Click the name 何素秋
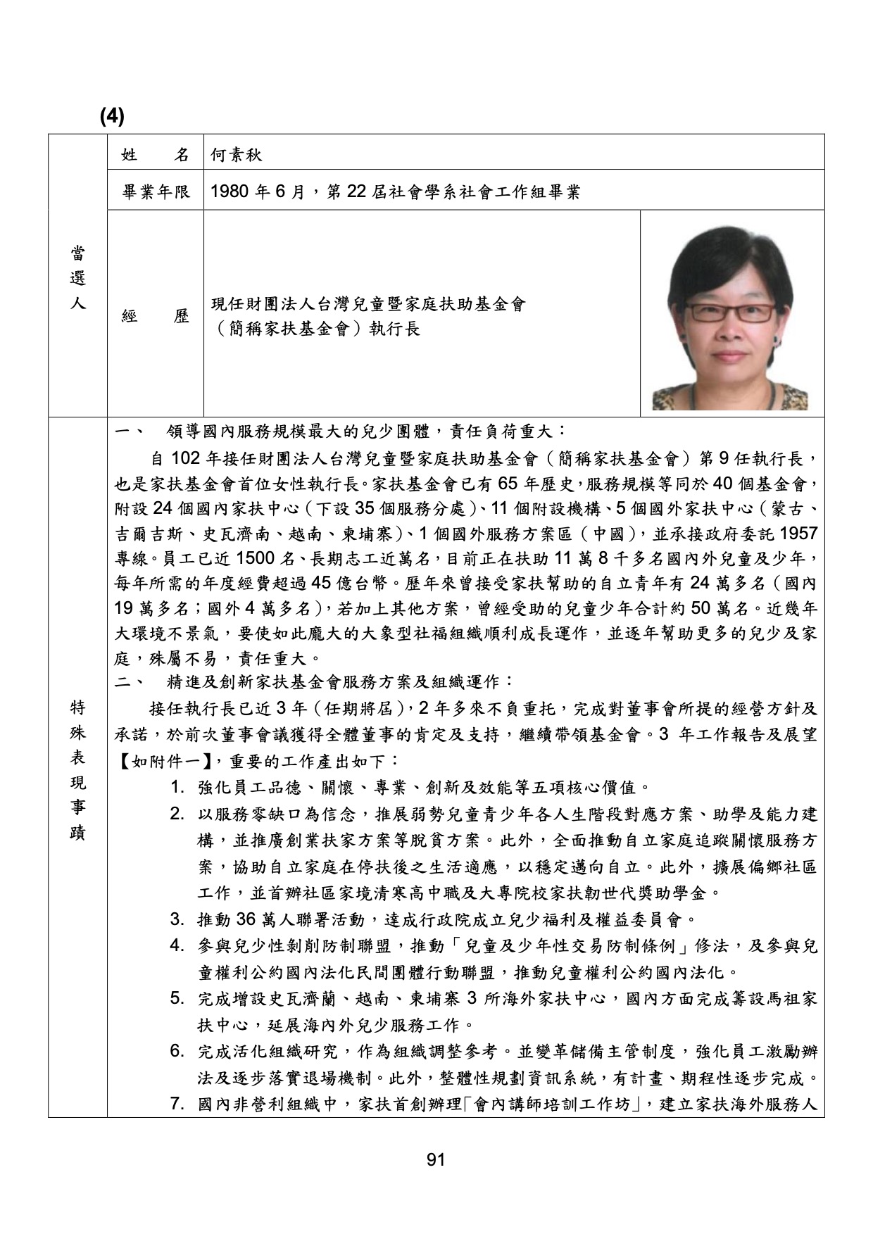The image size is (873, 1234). coord(237,155)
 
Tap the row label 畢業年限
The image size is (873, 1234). coord(156,192)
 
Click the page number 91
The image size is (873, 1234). coord(436,1159)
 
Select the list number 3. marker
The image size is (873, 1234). coord(177,919)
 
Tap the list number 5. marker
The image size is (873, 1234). coord(177,999)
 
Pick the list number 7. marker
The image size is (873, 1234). coord(177,1103)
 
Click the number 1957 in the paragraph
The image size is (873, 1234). coord(798,533)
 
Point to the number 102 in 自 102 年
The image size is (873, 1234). coord(186,459)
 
